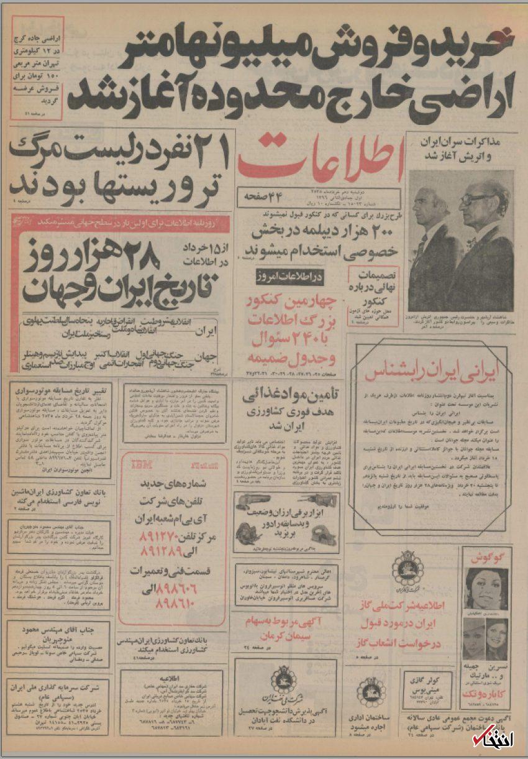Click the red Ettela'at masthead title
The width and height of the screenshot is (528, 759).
pyautogui.click(x=320, y=157)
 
